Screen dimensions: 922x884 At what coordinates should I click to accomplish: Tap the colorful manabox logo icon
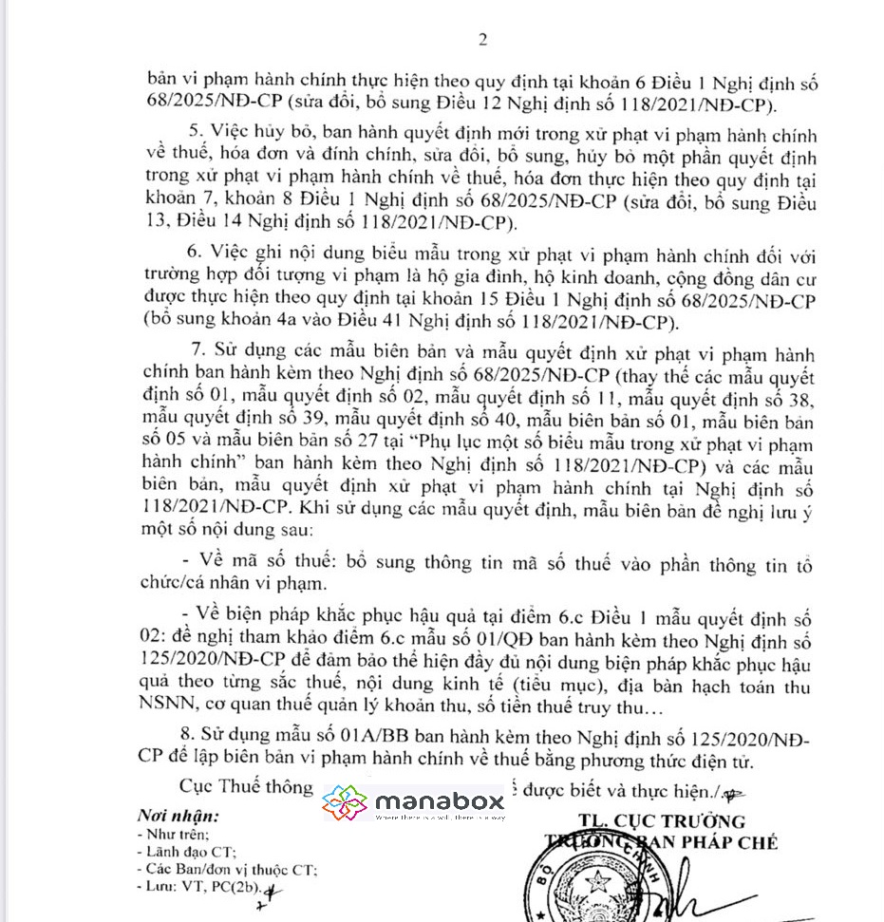[x=346, y=803]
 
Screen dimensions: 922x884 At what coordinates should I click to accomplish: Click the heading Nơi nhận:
[x=178, y=816]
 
